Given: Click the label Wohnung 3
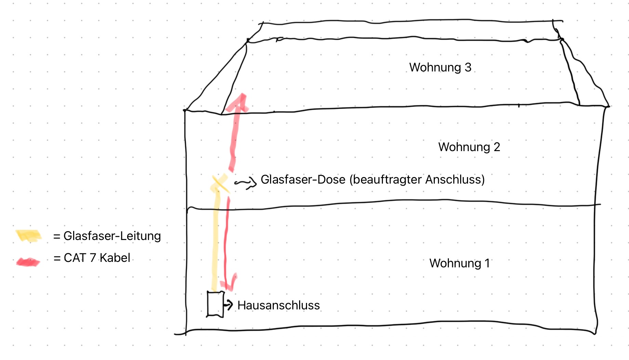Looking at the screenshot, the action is pos(440,67).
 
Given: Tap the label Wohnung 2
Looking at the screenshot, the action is pos(469,147).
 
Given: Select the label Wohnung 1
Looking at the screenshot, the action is pos(459,263).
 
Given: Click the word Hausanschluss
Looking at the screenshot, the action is pos(279,305).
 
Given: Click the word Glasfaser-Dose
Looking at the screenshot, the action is pos(303,179).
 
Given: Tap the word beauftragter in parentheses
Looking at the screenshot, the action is pos(388,180).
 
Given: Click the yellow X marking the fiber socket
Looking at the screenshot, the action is pos(220,183).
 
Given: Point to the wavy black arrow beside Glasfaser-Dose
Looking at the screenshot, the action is pos(245,182).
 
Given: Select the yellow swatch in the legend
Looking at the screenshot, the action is pos(29,236).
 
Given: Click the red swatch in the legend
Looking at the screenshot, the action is pos(28,262).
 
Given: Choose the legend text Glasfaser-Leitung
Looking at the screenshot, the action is pos(112,236).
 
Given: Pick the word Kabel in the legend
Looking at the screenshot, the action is pos(115,258).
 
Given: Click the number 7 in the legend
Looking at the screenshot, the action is pos(93,258).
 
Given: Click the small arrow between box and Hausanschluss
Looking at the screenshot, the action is pos(228,304).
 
